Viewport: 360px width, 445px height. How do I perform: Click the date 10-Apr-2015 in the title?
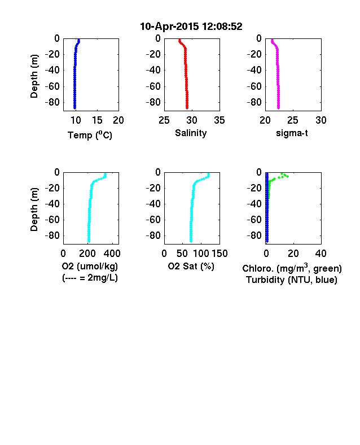point(169,27)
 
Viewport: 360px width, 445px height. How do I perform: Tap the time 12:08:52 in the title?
point(222,27)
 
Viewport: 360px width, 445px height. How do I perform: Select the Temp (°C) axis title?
point(90,135)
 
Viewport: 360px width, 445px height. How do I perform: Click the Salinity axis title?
point(191,133)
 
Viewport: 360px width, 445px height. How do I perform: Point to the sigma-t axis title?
point(292,133)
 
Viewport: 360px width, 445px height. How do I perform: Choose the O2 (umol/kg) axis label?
point(90,266)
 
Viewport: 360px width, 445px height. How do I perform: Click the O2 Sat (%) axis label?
point(191,266)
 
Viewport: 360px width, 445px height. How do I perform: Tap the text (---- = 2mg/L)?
point(90,277)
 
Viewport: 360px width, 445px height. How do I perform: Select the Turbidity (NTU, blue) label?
point(292,280)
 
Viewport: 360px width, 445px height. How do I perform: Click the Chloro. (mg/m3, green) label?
point(292,268)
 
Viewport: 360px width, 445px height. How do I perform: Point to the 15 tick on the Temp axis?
point(97,120)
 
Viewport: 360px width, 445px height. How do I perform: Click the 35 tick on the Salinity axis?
point(219,120)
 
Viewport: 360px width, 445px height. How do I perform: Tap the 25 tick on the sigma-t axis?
point(292,120)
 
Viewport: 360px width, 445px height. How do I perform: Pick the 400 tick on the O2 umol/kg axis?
point(112,254)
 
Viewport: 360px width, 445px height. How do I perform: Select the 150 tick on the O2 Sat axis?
point(219,254)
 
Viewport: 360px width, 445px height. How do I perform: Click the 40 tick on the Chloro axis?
point(321,254)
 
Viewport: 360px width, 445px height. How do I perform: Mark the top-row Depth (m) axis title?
point(34,76)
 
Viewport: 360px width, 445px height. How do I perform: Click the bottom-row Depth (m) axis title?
point(34,210)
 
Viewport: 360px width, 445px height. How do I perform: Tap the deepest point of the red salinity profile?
point(187,108)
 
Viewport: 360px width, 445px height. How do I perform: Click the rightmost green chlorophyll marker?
point(287,177)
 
